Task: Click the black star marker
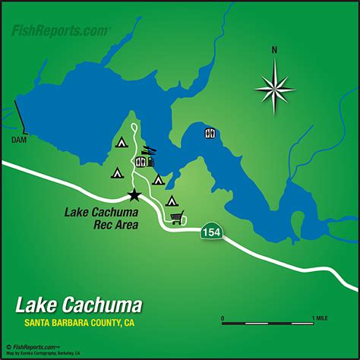click(x=135, y=195)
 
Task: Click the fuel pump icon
click(x=150, y=161)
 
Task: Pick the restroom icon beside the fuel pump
click(x=140, y=162)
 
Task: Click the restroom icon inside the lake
click(x=210, y=133)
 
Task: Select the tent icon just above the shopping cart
click(x=172, y=201)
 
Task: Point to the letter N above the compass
click(x=274, y=52)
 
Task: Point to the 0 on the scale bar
click(x=223, y=317)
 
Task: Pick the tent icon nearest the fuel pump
click(x=159, y=180)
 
